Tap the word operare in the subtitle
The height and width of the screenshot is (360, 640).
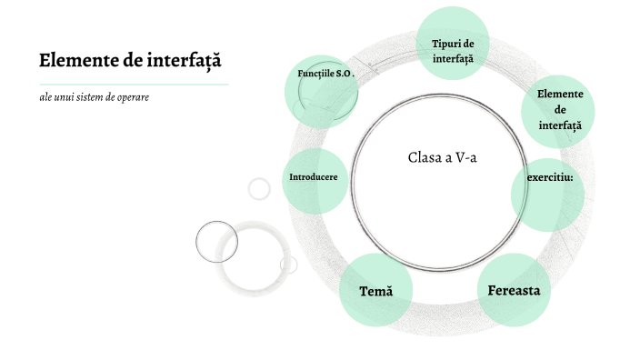[x=132, y=97]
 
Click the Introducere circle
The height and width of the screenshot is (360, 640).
[x=314, y=176]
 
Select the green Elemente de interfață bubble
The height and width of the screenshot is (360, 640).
[x=558, y=110]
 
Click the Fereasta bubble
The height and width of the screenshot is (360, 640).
[x=514, y=291]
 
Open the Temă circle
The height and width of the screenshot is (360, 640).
[x=375, y=292]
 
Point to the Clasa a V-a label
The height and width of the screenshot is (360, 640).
[x=443, y=156]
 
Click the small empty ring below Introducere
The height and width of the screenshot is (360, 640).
[x=259, y=188]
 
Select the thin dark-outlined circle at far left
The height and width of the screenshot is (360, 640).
[x=216, y=241]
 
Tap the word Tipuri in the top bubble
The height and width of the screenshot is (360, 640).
[x=445, y=43]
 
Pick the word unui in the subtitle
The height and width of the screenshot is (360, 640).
[x=55, y=97]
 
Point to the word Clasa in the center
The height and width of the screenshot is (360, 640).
[x=424, y=156]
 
